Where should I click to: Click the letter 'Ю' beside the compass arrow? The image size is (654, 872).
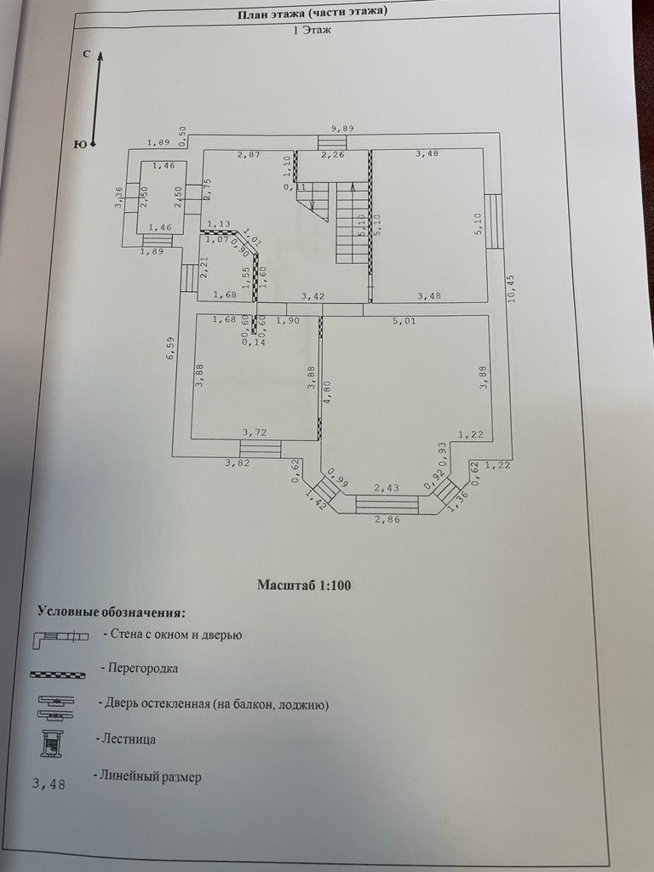coord(80,144)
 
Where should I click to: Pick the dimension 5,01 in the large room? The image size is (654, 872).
coord(403,322)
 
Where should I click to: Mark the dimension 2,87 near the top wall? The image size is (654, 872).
coord(248,155)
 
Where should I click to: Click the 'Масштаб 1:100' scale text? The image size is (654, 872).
coord(304,586)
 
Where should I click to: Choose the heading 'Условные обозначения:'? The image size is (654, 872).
coord(111,611)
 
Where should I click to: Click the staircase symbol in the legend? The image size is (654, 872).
coord(54,743)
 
